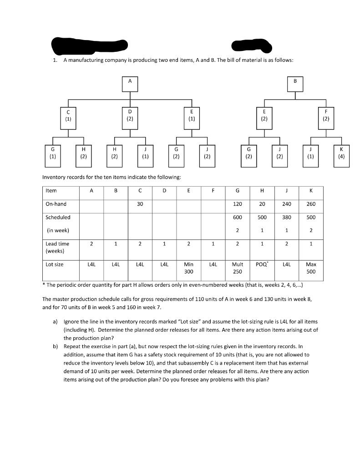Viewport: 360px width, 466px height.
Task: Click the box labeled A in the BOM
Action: [130, 84]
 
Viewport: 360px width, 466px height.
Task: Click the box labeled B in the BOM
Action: [295, 84]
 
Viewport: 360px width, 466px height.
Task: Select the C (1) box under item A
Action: [68, 115]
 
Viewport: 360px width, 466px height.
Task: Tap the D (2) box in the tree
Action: [130, 115]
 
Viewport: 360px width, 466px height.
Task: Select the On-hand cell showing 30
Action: [140, 204]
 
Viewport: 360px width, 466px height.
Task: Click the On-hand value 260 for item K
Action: [311, 204]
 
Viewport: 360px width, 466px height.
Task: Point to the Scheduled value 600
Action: [238, 218]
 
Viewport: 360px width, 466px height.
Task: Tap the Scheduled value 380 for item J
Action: [286, 218]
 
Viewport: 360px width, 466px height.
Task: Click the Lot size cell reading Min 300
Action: [188, 268]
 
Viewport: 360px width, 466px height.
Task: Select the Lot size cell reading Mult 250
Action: [238, 268]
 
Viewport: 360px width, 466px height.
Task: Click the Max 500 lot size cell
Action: [311, 268]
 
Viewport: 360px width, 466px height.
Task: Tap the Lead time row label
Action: [57, 247]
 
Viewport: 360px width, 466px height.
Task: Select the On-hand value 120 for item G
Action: [238, 204]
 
